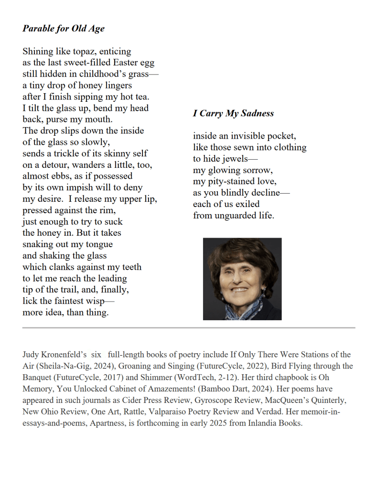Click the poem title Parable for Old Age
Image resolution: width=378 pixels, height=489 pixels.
coord(63,28)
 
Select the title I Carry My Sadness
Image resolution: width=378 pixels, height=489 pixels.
coord(233,113)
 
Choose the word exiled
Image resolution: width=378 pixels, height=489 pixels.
coord(245,204)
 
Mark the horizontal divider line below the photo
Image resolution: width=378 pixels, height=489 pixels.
coord(189,328)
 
